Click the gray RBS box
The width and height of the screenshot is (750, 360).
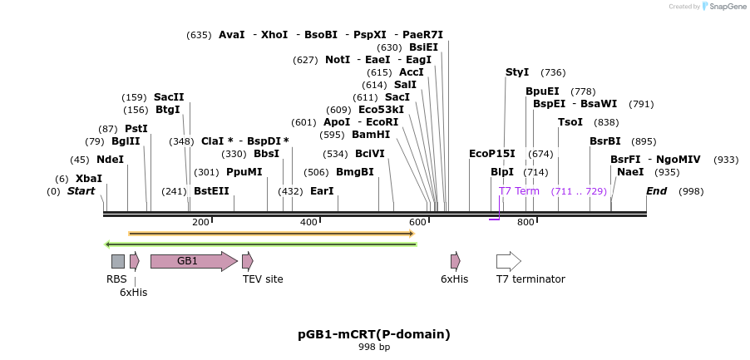pyautogui.click(x=118, y=261)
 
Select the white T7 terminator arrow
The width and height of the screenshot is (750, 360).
pyautogui.click(x=508, y=261)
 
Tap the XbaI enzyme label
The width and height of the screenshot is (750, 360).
pyautogui.click(x=89, y=179)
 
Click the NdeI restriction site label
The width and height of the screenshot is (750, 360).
pyautogui.click(x=110, y=160)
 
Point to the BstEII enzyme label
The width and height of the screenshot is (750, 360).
pyautogui.click(x=211, y=191)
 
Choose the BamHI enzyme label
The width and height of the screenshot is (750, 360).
pyautogui.click(x=371, y=135)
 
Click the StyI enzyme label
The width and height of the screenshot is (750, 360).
pyautogui.click(x=517, y=72)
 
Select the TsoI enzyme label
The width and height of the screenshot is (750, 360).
pyautogui.click(x=570, y=122)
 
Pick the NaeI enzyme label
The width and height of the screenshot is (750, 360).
pyautogui.click(x=630, y=172)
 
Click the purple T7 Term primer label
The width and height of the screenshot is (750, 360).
pyautogui.click(x=519, y=191)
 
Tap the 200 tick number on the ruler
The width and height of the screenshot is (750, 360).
pyautogui.click(x=200, y=222)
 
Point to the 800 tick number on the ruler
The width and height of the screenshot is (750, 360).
pyautogui.click(x=525, y=222)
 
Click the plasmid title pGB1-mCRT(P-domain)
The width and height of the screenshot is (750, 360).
pyautogui.click(x=374, y=334)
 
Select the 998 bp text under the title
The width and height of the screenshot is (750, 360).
pyautogui.click(x=374, y=348)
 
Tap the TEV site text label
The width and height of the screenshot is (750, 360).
pyautogui.click(x=263, y=279)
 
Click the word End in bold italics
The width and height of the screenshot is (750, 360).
pyautogui.click(x=657, y=191)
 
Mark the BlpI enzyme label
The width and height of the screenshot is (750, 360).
pyautogui.click(x=502, y=172)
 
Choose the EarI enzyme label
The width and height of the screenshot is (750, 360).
pyautogui.click(x=322, y=191)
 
